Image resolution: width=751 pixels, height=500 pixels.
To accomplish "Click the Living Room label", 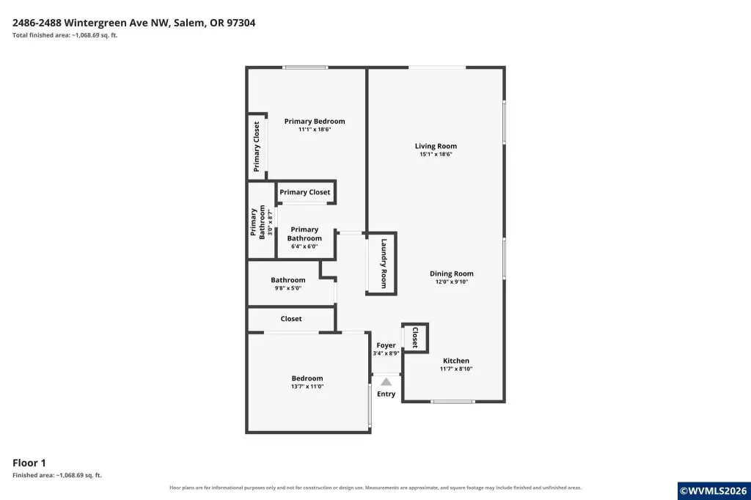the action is click(436, 146).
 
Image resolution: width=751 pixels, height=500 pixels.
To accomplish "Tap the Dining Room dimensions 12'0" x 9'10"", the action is click(452, 282).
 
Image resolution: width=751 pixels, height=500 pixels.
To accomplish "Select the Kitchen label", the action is click(456, 361).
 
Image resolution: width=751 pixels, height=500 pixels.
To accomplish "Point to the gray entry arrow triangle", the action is click(386, 382).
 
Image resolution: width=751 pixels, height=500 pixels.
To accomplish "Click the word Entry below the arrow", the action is click(386, 394).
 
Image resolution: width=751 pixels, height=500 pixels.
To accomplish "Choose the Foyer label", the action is click(386, 345).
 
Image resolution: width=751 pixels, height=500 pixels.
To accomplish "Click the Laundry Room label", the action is click(384, 263).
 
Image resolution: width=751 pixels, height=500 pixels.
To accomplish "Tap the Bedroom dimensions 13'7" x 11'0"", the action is click(307, 386).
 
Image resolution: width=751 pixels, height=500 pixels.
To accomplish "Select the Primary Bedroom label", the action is click(315, 121).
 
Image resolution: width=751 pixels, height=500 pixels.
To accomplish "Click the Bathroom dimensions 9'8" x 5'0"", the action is click(287, 288).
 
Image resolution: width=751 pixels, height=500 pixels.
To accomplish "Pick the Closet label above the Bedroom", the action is click(291, 318).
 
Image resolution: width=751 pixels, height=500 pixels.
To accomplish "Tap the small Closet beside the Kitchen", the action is click(415, 337).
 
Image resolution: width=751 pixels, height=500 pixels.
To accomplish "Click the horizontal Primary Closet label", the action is click(304, 192).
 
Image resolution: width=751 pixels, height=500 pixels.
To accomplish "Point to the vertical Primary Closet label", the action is click(256, 147).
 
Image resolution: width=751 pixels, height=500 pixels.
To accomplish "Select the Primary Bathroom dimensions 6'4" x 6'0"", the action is click(304, 246).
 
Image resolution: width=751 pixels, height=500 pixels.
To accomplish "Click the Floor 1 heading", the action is click(29, 463).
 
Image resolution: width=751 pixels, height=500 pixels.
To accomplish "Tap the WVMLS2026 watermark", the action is click(714, 491).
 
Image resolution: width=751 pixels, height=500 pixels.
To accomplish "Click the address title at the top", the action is click(133, 23).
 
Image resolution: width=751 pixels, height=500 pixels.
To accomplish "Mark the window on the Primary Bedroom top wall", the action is click(305, 67).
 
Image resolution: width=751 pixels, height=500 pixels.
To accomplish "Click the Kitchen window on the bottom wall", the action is click(453, 401).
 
